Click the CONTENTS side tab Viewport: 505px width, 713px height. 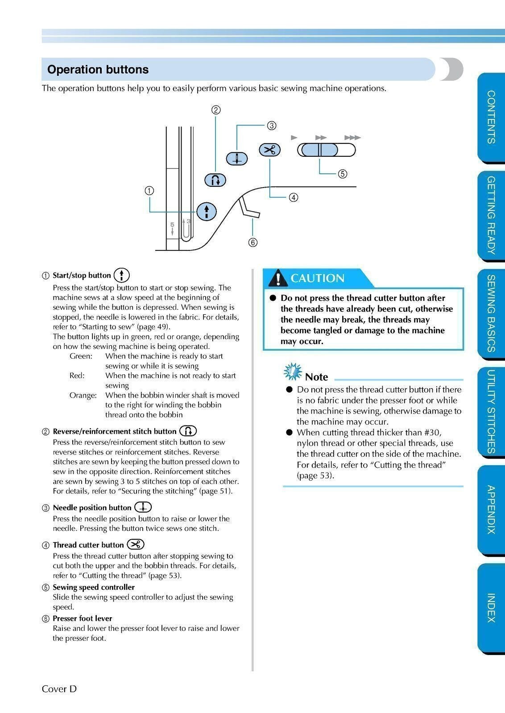[x=491, y=117]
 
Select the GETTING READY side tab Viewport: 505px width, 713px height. [x=491, y=215]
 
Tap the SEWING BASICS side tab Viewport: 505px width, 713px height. [x=491, y=313]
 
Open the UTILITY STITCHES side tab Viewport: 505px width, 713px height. [x=491, y=411]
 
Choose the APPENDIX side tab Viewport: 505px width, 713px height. [x=491, y=509]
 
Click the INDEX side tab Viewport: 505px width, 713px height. [x=491, y=607]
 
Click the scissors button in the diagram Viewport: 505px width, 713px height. [x=269, y=150]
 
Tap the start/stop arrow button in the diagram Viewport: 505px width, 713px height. [x=207, y=211]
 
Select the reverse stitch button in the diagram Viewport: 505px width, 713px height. [x=215, y=180]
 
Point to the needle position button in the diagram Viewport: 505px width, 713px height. [x=237, y=158]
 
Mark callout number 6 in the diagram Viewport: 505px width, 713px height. [x=253, y=242]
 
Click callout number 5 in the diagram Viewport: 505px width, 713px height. [x=342, y=174]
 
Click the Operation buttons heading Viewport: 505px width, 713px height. [x=98, y=70]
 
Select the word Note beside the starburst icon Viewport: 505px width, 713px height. [x=316, y=377]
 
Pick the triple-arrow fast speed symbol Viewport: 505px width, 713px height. [x=352, y=138]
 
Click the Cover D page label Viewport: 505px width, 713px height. [x=59, y=689]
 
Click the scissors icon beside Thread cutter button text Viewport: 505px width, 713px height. [x=136, y=544]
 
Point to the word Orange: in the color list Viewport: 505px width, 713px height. [x=83, y=395]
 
